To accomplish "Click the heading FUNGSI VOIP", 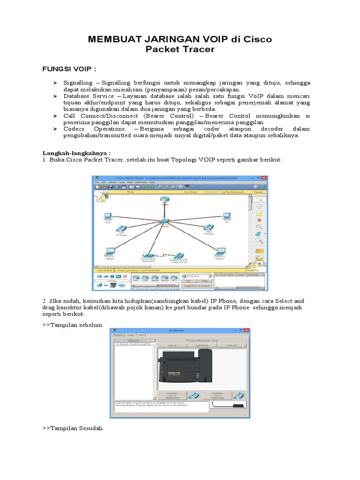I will [x=69, y=69].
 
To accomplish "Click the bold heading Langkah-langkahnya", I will [x=76, y=153].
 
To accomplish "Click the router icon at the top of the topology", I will [x=165, y=200].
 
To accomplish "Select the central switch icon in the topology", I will [x=165, y=221].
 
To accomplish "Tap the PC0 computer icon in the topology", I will [x=108, y=217].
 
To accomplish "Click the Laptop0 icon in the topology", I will [x=109, y=252].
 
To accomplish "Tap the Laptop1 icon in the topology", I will [x=219, y=252].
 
